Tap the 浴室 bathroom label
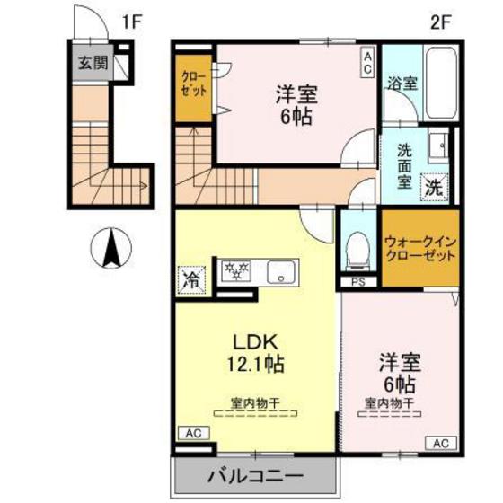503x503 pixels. (402, 84)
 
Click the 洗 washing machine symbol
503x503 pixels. (435, 188)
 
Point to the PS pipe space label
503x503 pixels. (358, 284)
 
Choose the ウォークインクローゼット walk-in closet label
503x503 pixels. (419, 248)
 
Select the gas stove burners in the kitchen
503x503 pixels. (237, 271)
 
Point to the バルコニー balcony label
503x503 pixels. (256, 473)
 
